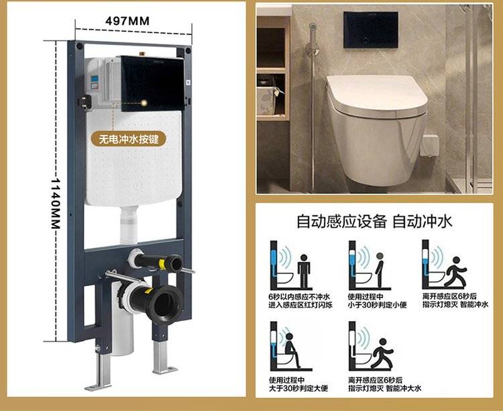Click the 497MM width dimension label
[x=127, y=21]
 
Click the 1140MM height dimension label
[x=56, y=203]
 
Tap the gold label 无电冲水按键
[x=129, y=139]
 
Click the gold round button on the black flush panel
[x=144, y=103]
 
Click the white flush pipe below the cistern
[x=129, y=224]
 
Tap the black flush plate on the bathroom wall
[x=370, y=30]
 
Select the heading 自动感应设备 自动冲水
[x=374, y=222]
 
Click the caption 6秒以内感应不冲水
[x=299, y=296]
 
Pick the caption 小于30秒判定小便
[x=377, y=305]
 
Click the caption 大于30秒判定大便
[x=298, y=389]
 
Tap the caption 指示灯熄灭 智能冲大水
[x=385, y=389]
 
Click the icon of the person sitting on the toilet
[x=292, y=351]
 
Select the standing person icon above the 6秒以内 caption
[x=304, y=271]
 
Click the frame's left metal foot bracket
[x=100, y=369]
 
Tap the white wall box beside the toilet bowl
[x=429, y=146]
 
